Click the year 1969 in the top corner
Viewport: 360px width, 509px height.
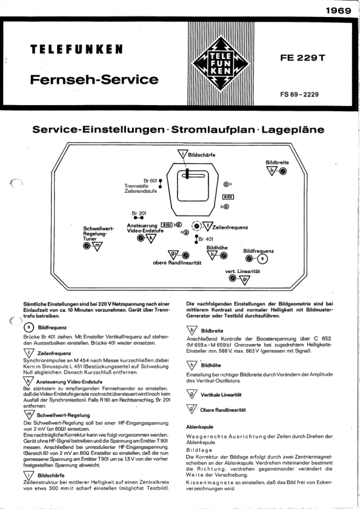(338, 10)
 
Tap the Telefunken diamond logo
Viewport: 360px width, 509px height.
(221, 63)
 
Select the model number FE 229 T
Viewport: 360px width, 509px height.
(303, 58)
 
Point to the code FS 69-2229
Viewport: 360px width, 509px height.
(299, 94)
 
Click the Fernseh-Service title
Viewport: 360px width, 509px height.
(94, 80)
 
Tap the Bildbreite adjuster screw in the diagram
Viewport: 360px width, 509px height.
(283, 171)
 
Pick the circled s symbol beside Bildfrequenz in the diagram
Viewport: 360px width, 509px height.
(263, 258)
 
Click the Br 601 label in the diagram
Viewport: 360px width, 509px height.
(150, 181)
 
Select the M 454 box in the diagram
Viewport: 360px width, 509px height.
(167, 224)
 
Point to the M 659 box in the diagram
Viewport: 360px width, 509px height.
(228, 196)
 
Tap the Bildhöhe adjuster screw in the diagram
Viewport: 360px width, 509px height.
(224, 256)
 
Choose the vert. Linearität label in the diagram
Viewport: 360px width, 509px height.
(243, 271)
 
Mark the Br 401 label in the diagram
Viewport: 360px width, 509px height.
(206, 239)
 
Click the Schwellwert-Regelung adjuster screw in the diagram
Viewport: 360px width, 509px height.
(86, 246)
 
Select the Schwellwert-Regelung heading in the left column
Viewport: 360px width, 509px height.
(63, 415)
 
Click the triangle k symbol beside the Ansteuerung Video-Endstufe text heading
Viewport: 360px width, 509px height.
(29, 381)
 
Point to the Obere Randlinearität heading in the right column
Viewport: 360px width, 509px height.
(223, 410)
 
